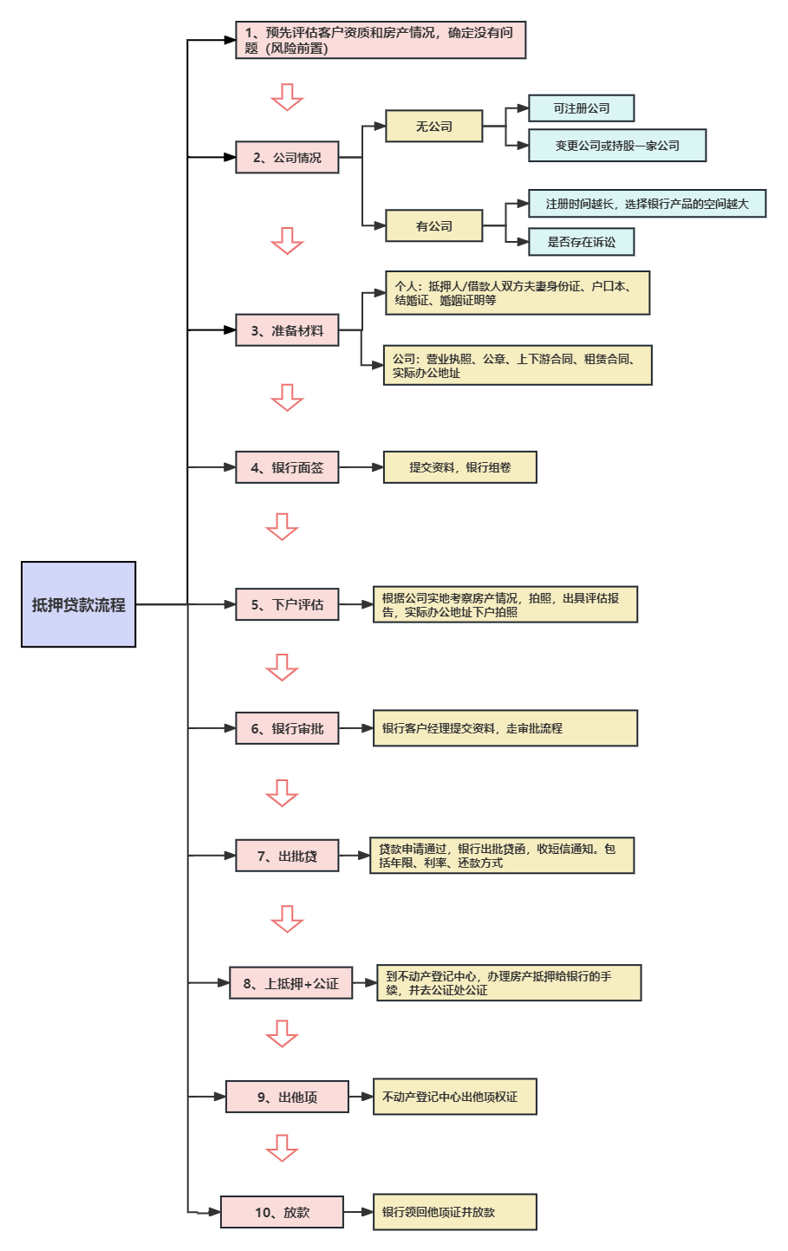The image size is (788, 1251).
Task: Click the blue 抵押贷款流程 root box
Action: (x=78, y=604)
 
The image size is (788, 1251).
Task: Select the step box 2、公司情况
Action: (x=287, y=158)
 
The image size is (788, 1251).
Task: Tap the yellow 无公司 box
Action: (x=433, y=127)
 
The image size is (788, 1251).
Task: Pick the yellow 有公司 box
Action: (x=433, y=226)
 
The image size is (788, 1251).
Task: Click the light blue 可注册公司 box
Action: (x=582, y=108)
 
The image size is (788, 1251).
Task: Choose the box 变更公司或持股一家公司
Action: (x=617, y=146)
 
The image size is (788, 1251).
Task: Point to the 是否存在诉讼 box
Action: (x=582, y=242)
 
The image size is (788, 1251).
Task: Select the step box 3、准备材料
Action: (x=287, y=330)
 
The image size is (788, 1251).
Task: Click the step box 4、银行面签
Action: (x=287, y=467)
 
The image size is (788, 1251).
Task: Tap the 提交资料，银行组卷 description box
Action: (x=460, y=467)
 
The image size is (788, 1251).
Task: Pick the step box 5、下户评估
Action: (x=287, y=604)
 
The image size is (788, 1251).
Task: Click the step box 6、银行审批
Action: (x=287, y=728)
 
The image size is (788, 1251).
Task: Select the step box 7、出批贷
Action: (x=287, y=856)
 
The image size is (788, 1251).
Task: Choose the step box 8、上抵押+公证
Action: (x=291, y=983)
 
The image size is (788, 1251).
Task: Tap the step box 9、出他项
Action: (x=287, y=1097)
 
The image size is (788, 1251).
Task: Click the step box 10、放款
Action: (x=282, y=1212)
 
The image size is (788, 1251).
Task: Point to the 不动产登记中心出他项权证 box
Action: (x=455, y=1097)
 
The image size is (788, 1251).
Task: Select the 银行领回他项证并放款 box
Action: (x=455, y=1212)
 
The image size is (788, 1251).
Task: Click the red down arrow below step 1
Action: (x=287, y=97)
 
